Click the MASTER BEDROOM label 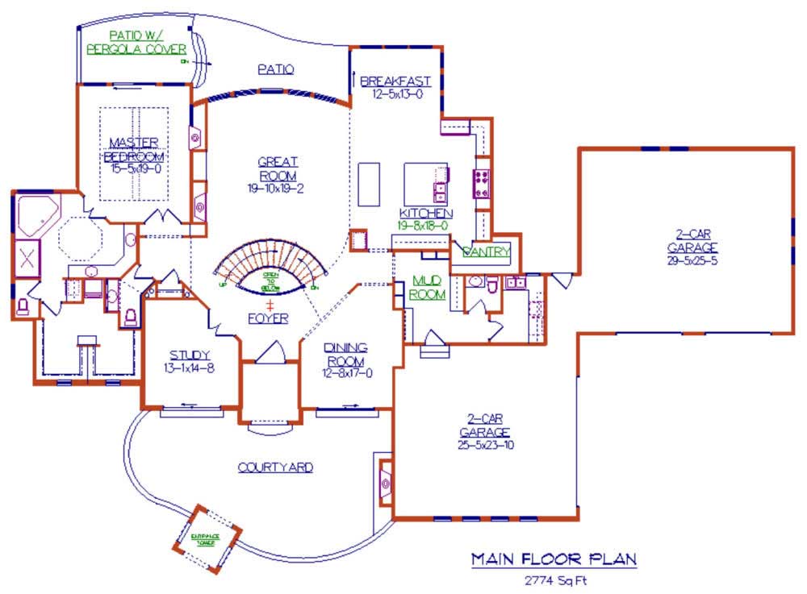tap(135, 150)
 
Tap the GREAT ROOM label tap(277, 168)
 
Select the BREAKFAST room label tap(395, 81)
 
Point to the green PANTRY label tap(487, 252)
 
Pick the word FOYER tap(269, 318)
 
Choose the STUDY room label tap(190, 355)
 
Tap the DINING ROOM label tap(345, 353)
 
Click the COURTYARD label tap(275, 467)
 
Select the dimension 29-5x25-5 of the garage tap(692, 260)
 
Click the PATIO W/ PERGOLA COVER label tap(137, 42)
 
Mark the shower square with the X tap(27, 258)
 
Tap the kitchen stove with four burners tap(482, 184)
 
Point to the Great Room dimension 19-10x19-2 tap(276, 189)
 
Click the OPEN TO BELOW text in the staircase tap(270, 279)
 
